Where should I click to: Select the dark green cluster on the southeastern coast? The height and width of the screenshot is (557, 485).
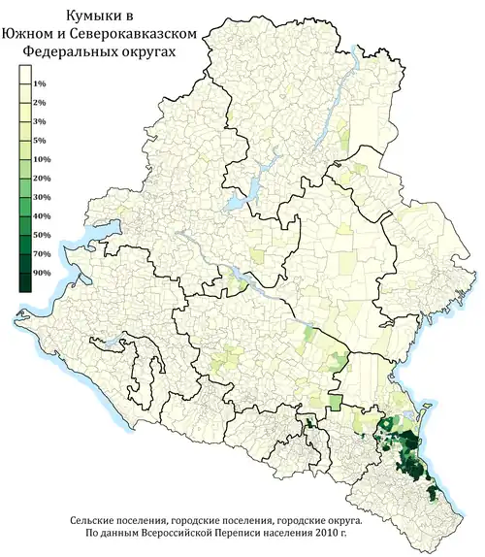tap(412, 451)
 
